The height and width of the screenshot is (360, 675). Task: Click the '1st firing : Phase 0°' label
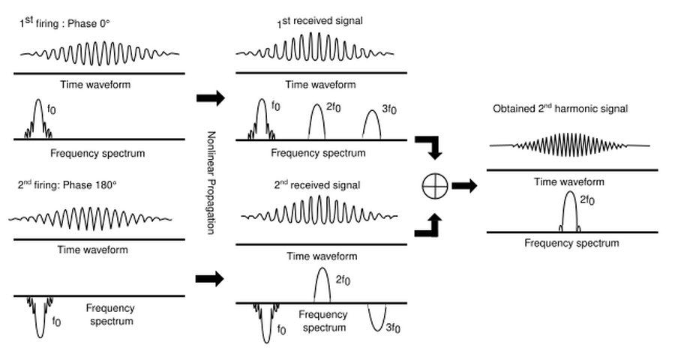(x=65, y=22)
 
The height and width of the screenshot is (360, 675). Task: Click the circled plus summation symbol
(x=436, y=186)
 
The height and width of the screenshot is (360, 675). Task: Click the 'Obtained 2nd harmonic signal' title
(x=559, y=109)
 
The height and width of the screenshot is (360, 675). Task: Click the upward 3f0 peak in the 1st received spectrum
(x=372, y=124)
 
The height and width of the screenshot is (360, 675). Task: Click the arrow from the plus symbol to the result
(x=464, y=186)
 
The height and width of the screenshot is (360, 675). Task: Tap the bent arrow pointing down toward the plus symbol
(x=430, y=145)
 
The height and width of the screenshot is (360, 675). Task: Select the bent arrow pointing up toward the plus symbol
(x=430, y=226)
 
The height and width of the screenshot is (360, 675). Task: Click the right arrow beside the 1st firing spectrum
(x=209, y=98)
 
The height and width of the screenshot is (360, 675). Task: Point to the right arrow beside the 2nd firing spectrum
(x=209, y=279)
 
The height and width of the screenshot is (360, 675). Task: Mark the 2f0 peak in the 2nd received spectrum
(x=322, y=285)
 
